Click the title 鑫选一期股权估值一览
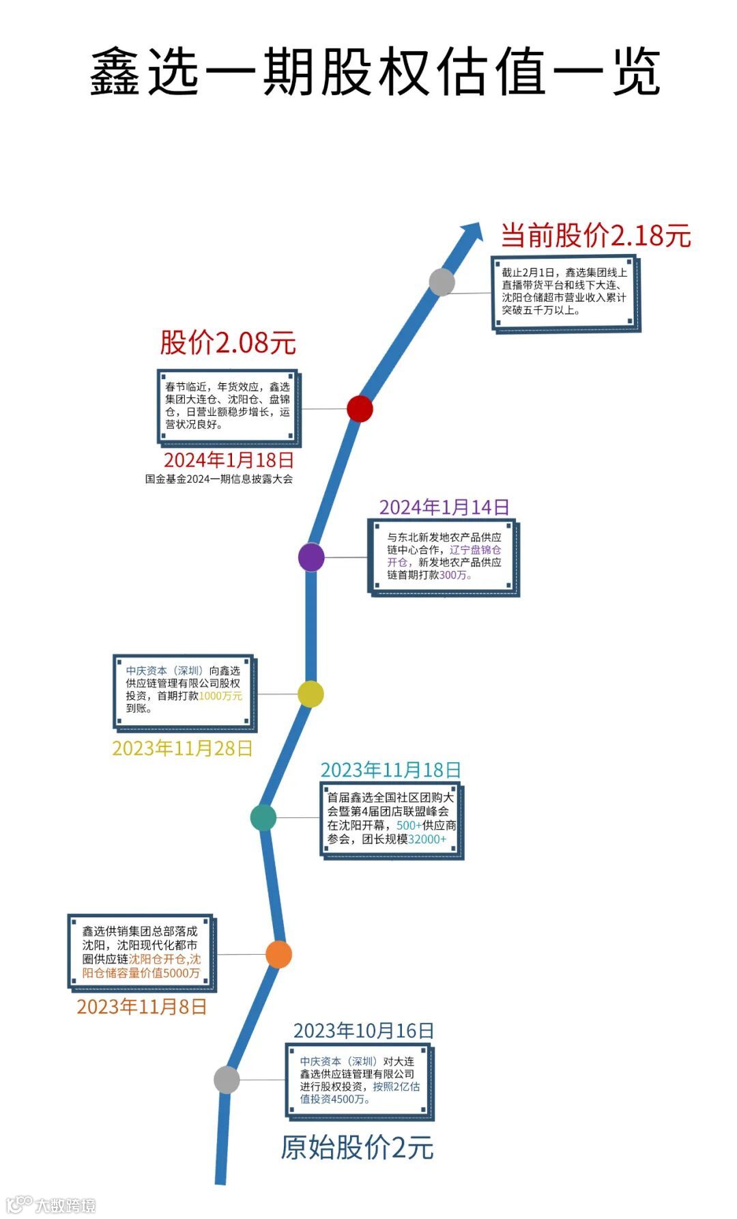pyautogui.click(x=375, y=71)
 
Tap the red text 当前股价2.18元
pyautogui.click(x=596, y=236)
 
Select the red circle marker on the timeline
pyautogui.click(x=360, y=408)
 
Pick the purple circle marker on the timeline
pyautogui.click(x=311, y=557)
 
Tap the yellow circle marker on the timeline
pyautogui.click(x=310, y=694)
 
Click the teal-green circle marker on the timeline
pyautogui.click(x=263, y=817)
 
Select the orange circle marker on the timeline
pyautogui.click(x=278, y=954)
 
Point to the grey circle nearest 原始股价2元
pyautogui.click(x=227, y=1080)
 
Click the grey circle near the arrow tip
pyautogui.click(x=442, y=282)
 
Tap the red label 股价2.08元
pyautogui.click(x=228, y=342)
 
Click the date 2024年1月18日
pyautogui.click(x=229, y=460)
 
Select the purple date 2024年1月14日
pyautogui.click(x=444, y=507)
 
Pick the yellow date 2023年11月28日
pyautogui.click(x=182, y=748)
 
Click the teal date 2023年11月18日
pyautogui.click(x=390, y=770)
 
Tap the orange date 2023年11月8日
pyautogui.click(x=141, y=1007)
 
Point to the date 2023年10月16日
pyautogui.click(x=363, y=1031)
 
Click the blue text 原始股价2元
pyautogui.click(x=357, y=1148)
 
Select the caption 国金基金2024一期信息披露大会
pyautogui.click(x=218, y=479)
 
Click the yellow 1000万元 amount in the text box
pyautogui.click(x=220, y=696)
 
